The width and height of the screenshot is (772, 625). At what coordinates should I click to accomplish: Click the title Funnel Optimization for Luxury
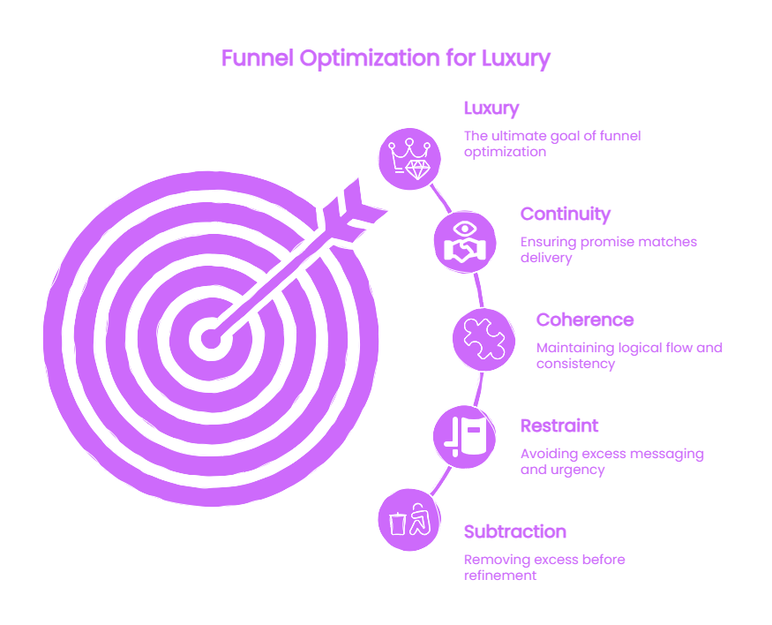tap(386, 58)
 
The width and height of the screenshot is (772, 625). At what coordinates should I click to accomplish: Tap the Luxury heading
tap(491, 109)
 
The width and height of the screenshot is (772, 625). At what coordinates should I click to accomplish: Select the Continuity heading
tap(566, 214)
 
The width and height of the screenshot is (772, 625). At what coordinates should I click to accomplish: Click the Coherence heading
tap(584, 320)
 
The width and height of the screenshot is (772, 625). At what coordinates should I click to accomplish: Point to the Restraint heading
tap(559, 425)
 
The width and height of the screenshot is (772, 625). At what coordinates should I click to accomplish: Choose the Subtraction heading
tap(515, 531)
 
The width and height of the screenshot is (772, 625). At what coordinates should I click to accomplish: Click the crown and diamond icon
tap(409, 159)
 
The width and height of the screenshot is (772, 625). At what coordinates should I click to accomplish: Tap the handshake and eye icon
tap(465, 242)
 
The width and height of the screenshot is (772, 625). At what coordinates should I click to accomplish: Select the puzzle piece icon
tap(483, 339)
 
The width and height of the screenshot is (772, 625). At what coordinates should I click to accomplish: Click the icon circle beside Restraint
tap(465, 436)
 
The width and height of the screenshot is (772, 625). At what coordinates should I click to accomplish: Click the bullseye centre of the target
tap(211, 339)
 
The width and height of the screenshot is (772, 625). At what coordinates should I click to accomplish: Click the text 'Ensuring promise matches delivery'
tap(609, 250)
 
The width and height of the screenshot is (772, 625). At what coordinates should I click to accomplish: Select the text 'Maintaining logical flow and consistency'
tap(629, 356)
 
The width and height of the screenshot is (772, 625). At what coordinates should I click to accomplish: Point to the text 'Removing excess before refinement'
tap(544, 568)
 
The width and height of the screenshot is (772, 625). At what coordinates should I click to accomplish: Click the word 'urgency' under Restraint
tap(575, 471)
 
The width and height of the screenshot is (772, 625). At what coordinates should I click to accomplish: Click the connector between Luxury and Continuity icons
tap(440, 198)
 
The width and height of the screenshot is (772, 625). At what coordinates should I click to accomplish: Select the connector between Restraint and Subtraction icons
tap(440, 480)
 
